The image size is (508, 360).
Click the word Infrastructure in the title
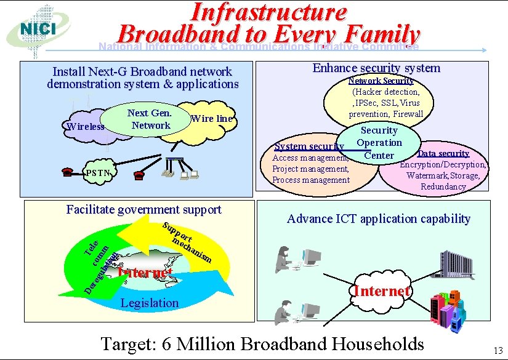pyautogui.click(x=268, y=11)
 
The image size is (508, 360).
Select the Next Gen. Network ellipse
pyautogui.click(x=148, y=119)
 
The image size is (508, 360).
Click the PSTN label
pyautogui.click(x=97, y=173)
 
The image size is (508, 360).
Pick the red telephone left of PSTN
pyautogui.click(x=68, y=173)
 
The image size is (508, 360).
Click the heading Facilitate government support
pyautogui.click(x=143, y=209)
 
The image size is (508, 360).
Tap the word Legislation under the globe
pyautogui.click(x=150, y=302)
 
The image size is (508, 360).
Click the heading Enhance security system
pyautogui.click(x=376, y=68)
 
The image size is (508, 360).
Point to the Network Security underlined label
pyautogui.click(x=381, y=81)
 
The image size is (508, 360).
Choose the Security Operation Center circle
pyautogui.click(x=379, y=143)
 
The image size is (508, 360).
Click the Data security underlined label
pyautogui.click(x=443, y=153)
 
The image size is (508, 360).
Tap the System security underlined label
pyautogui.click(x=308, y=146)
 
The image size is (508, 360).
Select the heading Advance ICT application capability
pyautogui.click(x=379, y=218)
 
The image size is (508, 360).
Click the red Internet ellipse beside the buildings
pyautogui.click(x=381, y=290)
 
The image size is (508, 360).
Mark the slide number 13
pyautogui.click(x=498, y=351)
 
